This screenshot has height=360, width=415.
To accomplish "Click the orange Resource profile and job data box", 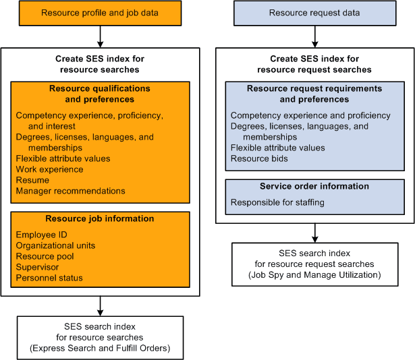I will (x=100, y=13).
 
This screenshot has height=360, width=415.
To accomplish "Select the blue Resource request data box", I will (x=314, y=13).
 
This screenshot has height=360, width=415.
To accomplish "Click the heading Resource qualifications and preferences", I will (x=100, y=94).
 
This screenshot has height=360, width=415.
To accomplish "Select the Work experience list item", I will (x=50, y=169).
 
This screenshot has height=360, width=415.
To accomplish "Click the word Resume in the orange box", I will (x=32, y=180).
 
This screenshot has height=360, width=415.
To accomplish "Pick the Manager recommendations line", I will (x=70, y=191).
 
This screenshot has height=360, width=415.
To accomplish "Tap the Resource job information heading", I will (x=100, y=218).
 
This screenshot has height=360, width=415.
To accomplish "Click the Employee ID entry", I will (x=42, y=235).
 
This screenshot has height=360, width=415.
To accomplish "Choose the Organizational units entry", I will (x=55, y=245).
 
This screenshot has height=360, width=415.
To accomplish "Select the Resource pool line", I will (x=45, y=256).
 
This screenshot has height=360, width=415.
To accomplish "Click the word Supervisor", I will (x=39, y=267).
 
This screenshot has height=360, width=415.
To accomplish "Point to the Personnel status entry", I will (x=49, y=278).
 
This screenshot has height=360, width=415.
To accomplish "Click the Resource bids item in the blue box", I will (x=259, y=158).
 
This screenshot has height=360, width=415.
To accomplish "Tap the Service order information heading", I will (x=314, y=186).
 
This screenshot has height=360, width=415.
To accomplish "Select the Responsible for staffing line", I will (x=277, y=202).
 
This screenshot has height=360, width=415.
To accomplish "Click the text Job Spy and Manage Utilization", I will (x=314, y=274).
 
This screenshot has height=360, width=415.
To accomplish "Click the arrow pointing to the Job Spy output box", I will (x=314, y=233).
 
